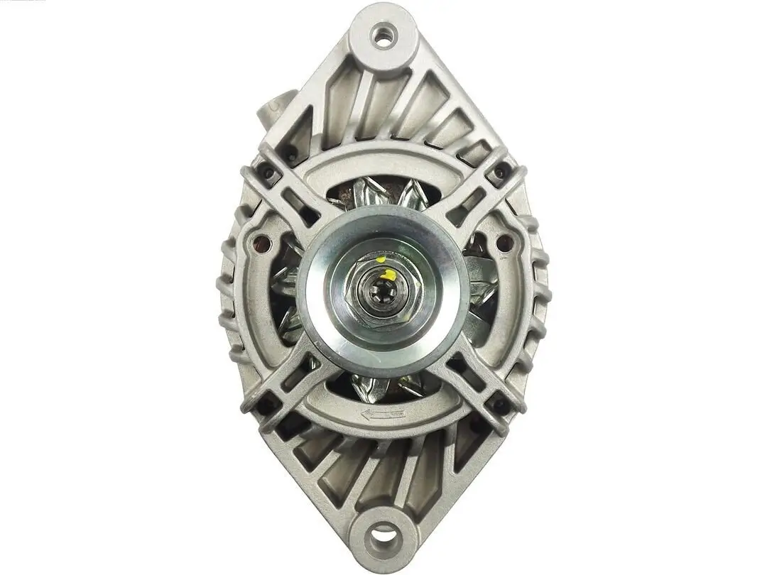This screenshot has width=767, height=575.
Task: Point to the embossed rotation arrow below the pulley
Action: tap(383, 414)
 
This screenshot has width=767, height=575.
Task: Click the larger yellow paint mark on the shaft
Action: tap(389, 274)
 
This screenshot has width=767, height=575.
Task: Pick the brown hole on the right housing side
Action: tap(505, 243)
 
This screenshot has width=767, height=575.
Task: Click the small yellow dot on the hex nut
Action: tap(381, 261)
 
